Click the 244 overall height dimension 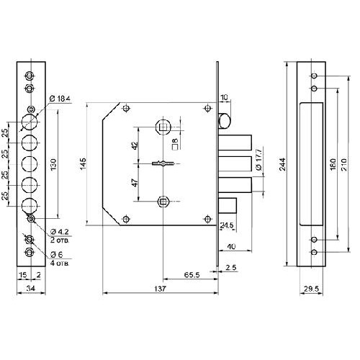(x=283, y=164)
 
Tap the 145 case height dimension (x=83, y=164)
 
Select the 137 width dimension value (x=160, y=289)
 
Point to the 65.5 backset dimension (x=192, y=275)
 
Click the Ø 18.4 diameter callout (x=60, y=99)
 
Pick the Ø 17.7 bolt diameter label (x=259, y=159)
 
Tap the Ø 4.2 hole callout (x=60, y=232)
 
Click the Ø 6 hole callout (x=57, y=254)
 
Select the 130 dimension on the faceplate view (x=53, y=164)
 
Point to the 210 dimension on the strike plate (x=343, y=164)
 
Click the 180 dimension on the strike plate (x=333, y=164)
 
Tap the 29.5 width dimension (x=311, y=289)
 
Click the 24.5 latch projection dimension (x=227, y=225)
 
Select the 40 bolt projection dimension (x=231, y=246)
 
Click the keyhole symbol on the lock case (x=163, y=163)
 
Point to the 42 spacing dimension (x=135, y=145)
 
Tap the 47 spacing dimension (x=135, y=183)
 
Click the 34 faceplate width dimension (x=31, y=288)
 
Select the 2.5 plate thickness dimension (x=231, y=267)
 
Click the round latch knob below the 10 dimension (x=225, y=121)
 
